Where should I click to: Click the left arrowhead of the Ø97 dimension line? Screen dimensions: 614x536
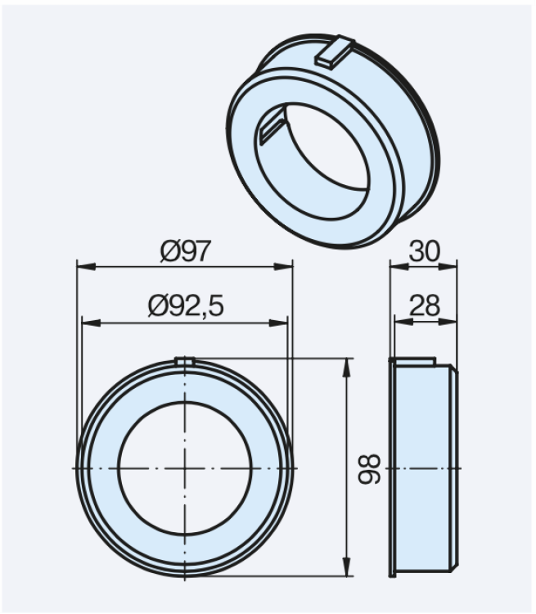pyautogui.click(x=82, y=266)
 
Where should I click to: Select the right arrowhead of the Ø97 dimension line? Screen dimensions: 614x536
pyautogui.click(x=286, y=266)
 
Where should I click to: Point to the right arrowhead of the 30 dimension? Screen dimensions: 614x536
pyautogui.click(x=452, y=265)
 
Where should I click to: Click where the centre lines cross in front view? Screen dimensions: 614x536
pyautogui.click(x=185, y=467)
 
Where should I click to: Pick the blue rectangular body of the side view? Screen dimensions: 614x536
pyautogui.click(x=421, y=467)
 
